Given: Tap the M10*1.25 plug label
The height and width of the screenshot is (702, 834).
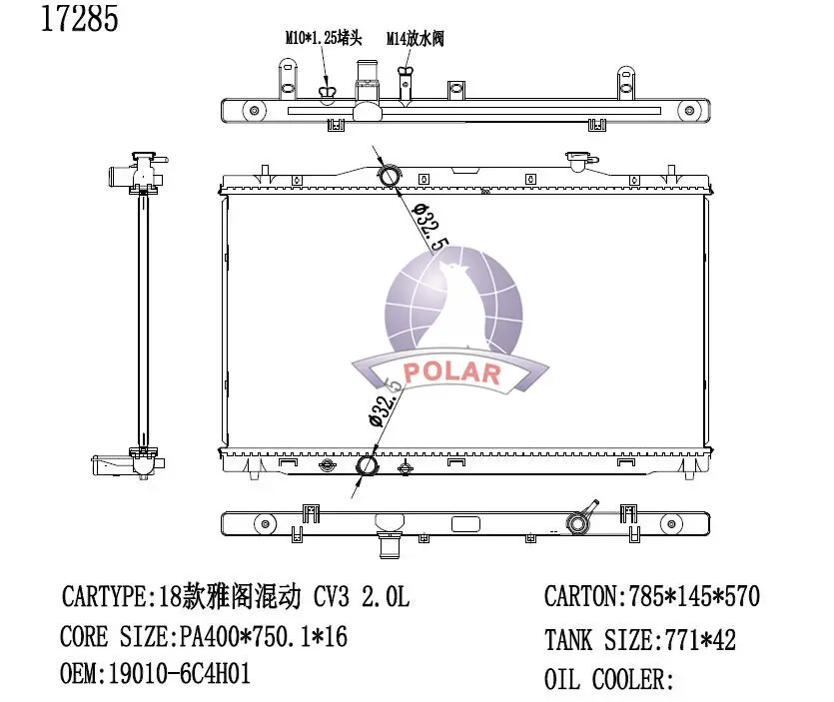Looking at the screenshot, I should (x=324, y=39).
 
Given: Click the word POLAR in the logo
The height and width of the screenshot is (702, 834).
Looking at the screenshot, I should (x=453, y=373).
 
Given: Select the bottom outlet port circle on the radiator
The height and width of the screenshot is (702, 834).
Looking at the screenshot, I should (x=368, y=465).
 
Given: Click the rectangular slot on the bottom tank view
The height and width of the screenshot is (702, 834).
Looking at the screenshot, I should (x=466, y=524).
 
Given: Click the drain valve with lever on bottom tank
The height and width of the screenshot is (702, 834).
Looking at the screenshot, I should (x=579, y=520).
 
